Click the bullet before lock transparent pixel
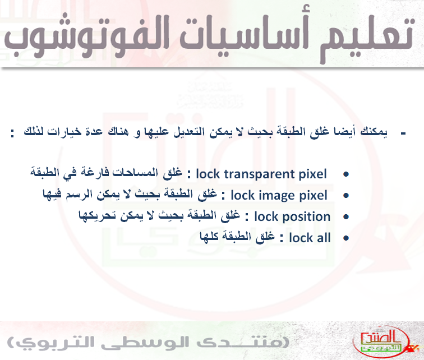(346, 174)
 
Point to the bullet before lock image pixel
(346, 195)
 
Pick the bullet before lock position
(346, 217)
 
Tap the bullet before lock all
(346, 238)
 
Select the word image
(276, 196)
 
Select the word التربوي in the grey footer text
(49, 343)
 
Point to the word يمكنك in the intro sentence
(374, 132)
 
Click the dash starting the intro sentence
(403, 133)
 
